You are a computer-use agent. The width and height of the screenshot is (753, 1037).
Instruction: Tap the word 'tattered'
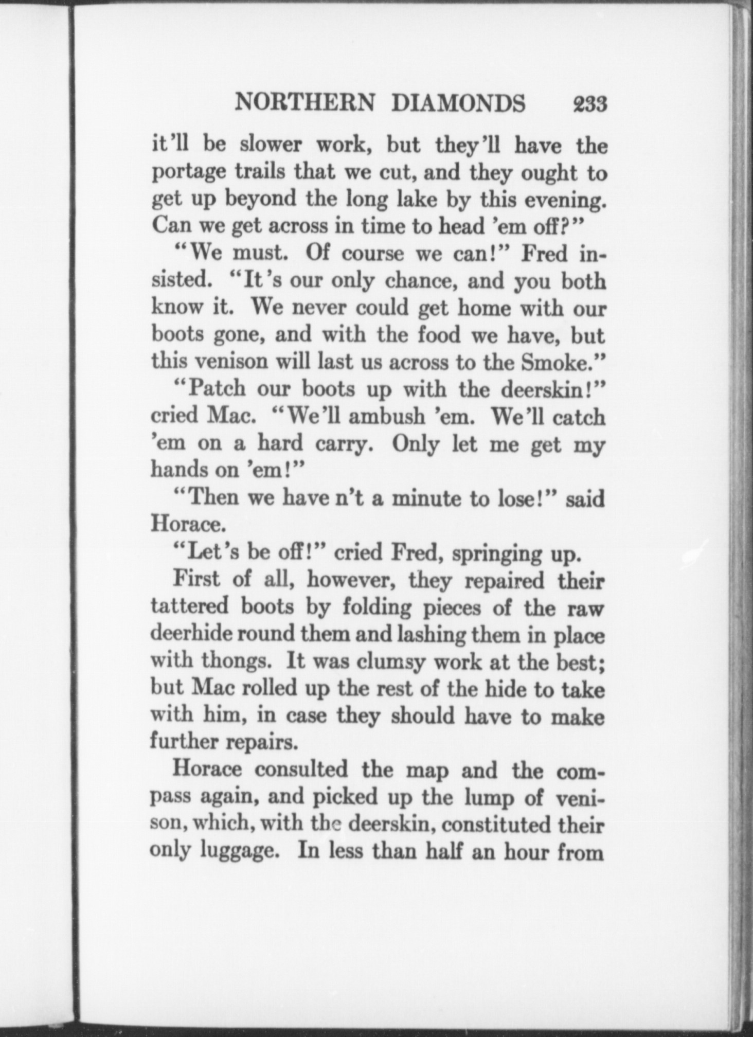point(190,606)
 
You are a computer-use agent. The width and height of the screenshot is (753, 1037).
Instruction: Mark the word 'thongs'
point(236,661)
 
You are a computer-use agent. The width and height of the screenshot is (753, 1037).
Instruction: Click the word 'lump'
point(481,797)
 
